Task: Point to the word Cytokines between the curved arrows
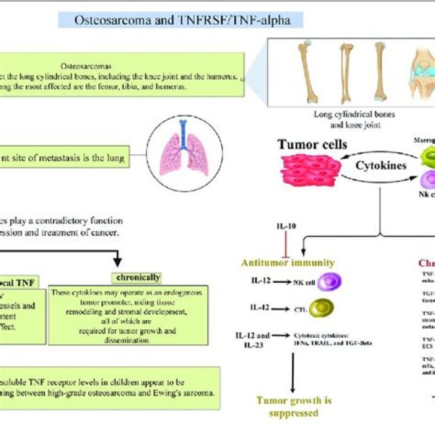tap(381, 166)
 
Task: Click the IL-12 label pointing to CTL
tap(260, 308)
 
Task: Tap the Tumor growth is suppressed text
tap(294, 407)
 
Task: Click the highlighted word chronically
tap(137, 277)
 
